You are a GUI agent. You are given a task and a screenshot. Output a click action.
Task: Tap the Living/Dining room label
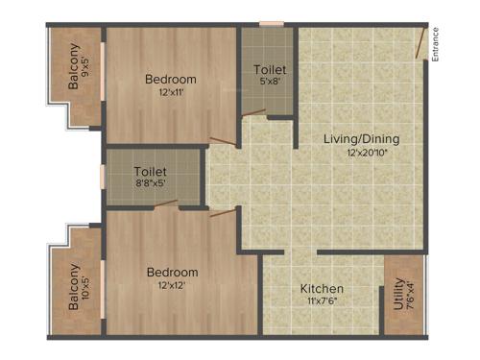pos(360,139)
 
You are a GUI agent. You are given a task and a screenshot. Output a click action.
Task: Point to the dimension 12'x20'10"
pos(361,153)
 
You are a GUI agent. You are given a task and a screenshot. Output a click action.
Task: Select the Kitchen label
pos(322,289)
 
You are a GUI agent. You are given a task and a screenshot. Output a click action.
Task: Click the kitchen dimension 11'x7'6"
pos(323,301)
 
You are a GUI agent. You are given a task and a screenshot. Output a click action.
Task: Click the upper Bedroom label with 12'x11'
pos(171,79)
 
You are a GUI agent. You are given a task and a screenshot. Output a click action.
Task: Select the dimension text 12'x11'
pos(171,92)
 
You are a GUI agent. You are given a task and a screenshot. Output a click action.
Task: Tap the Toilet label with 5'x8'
pos(269,69)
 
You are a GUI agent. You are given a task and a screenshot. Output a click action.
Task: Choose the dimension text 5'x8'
pos(269,82)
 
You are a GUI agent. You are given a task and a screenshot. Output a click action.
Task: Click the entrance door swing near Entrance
pos(420,43)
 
